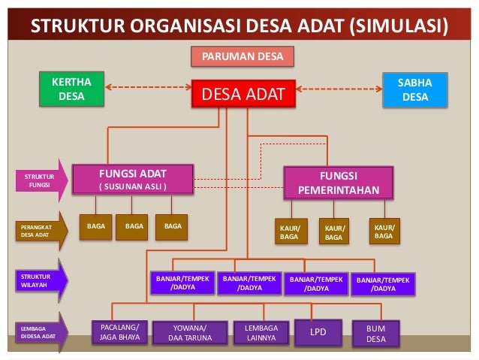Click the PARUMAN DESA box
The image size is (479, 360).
click(x=242, y=56)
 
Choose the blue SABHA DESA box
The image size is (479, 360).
click(x=415, y=90)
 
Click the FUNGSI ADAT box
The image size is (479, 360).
click(x=133, y=180)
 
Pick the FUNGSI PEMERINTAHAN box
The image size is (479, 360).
click(x=338, y=182)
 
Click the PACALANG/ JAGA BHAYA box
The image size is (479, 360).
click(x=119, y=331)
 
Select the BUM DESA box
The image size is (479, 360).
click(x=375, y=332)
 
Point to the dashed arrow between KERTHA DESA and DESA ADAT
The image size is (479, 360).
click(x=147, y=88)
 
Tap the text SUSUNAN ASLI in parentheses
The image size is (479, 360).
click(x=133, y=186)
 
